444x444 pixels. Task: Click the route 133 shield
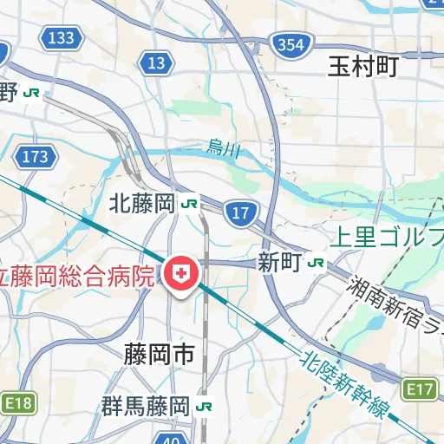[62, 37]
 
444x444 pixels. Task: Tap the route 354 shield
[287, 44]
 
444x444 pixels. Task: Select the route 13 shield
[157, 62]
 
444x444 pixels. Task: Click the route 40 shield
[171, 438]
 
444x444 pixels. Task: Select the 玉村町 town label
[362, 68]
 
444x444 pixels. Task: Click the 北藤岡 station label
[143, 205]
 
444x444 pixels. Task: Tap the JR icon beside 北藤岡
[190, 205]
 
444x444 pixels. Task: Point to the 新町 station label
[279, 262]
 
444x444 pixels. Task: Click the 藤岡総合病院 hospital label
[78, 277]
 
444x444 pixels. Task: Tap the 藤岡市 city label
[159, 354]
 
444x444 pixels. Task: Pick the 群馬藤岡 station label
[145, 405]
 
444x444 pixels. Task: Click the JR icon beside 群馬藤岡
[205, 405]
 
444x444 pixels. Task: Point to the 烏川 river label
[224, 150]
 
